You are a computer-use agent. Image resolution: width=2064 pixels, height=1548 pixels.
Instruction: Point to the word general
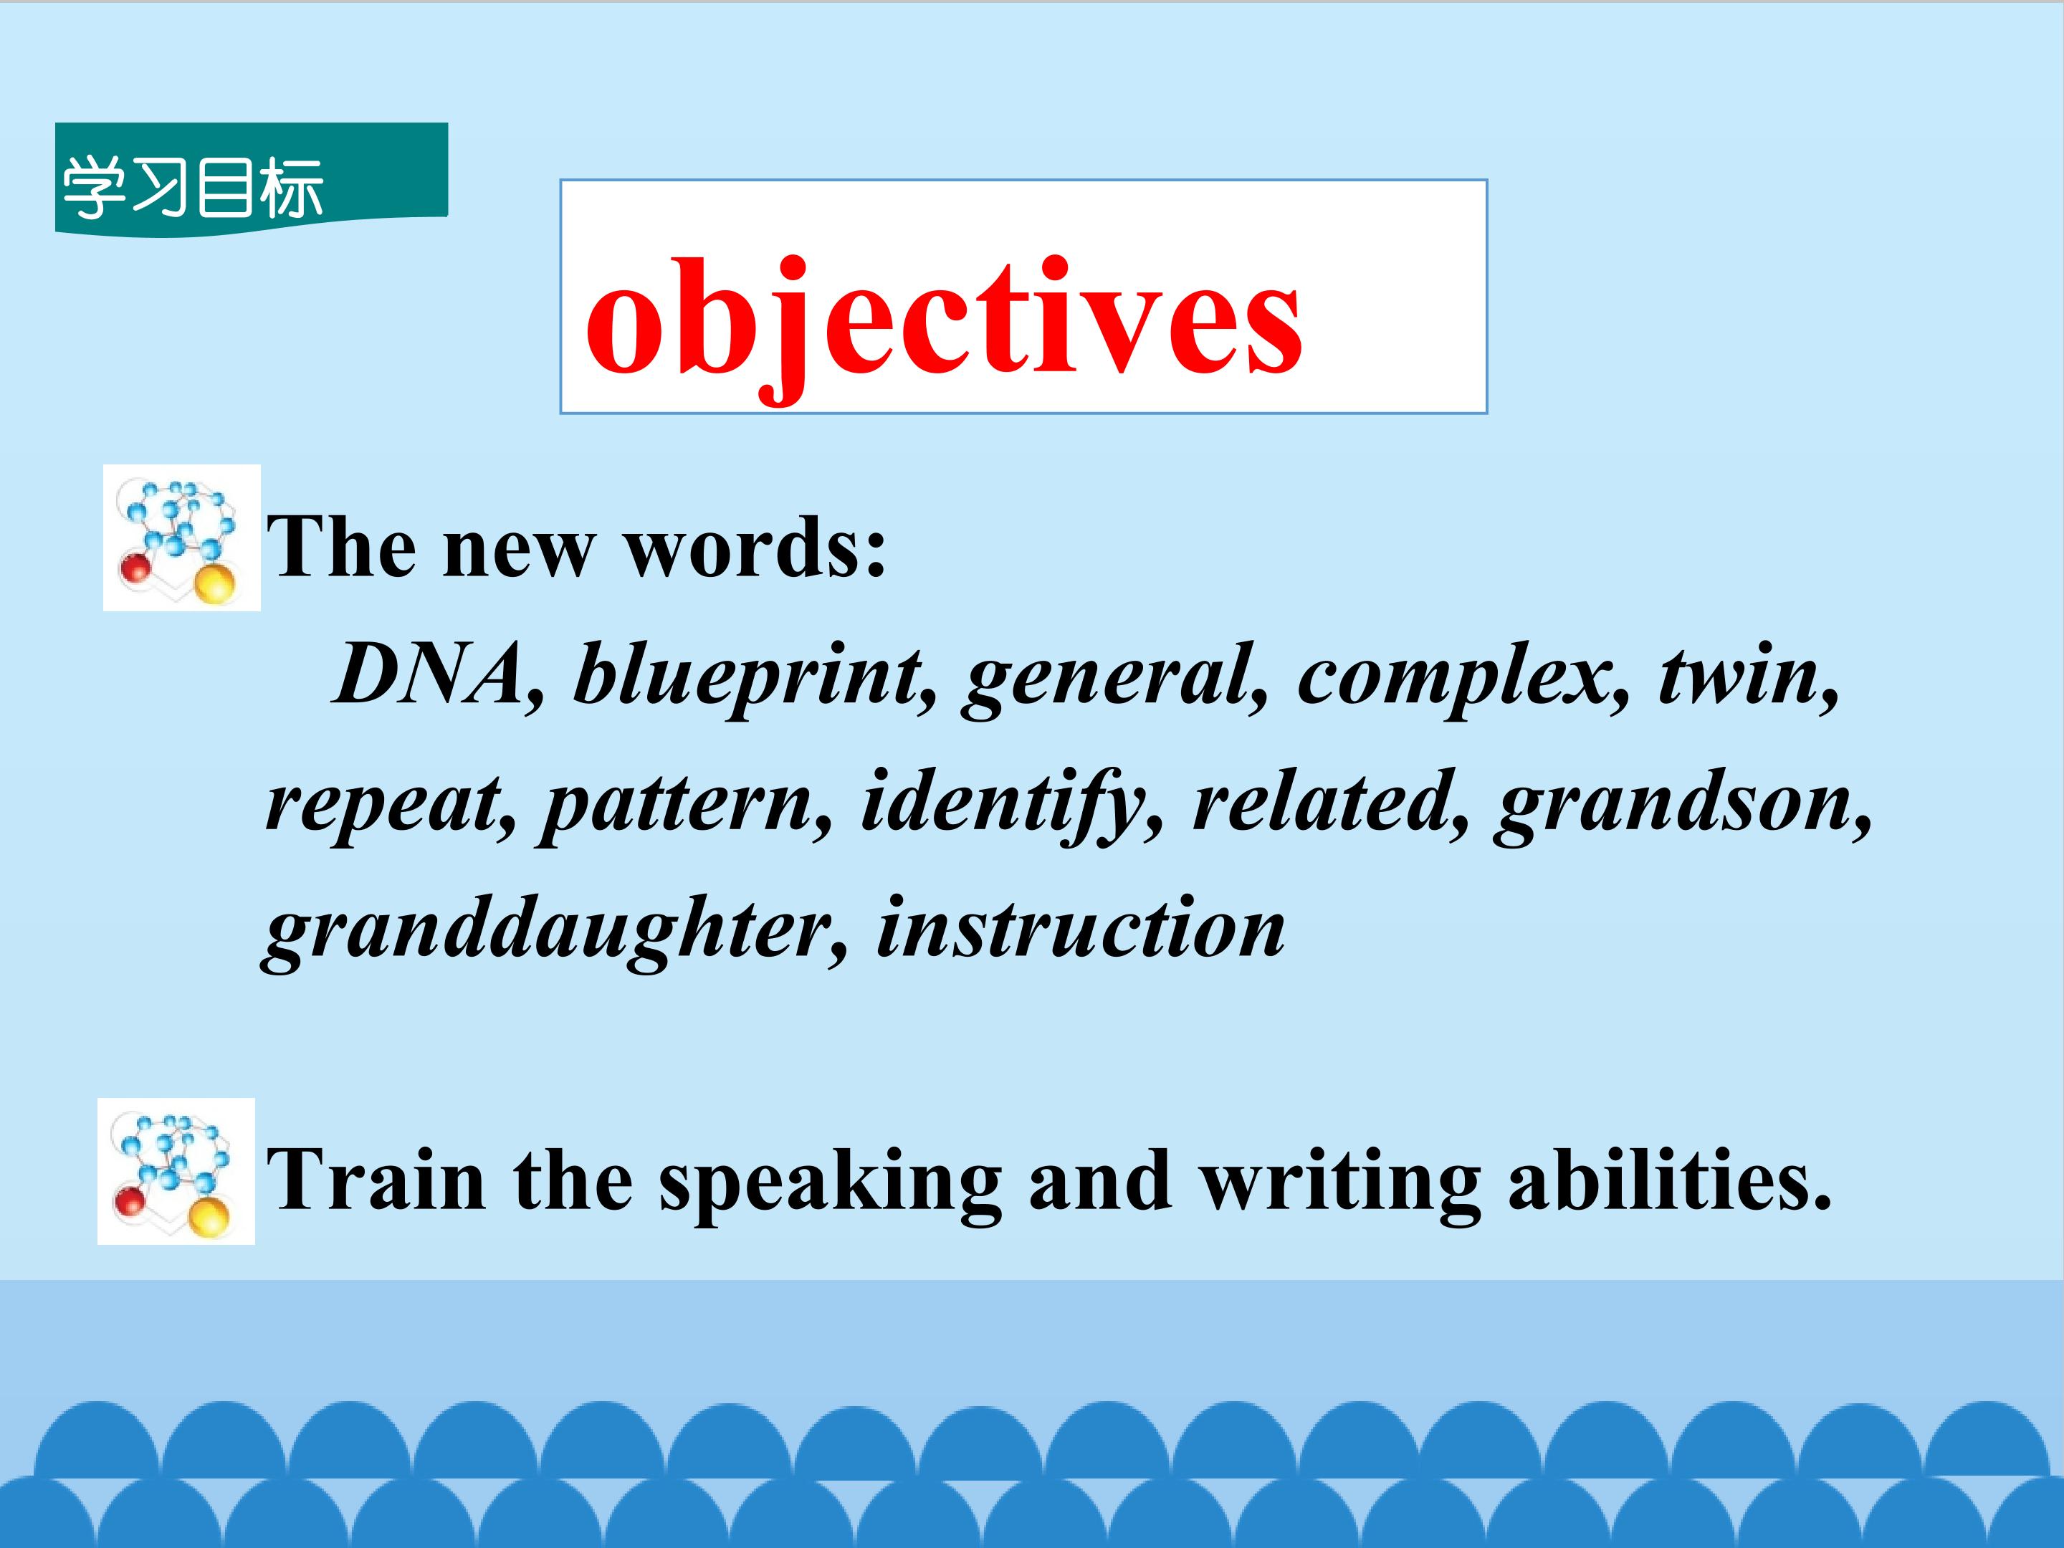click(1116, 680)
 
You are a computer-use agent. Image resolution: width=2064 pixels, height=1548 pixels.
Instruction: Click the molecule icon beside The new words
click(181, 537)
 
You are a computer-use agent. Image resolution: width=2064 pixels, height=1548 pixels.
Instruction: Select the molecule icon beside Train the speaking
click(176, 1171)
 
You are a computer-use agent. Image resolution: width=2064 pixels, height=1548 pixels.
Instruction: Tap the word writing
click(1339, 1185)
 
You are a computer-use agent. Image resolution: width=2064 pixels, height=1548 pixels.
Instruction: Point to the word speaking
click(831, 1185)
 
